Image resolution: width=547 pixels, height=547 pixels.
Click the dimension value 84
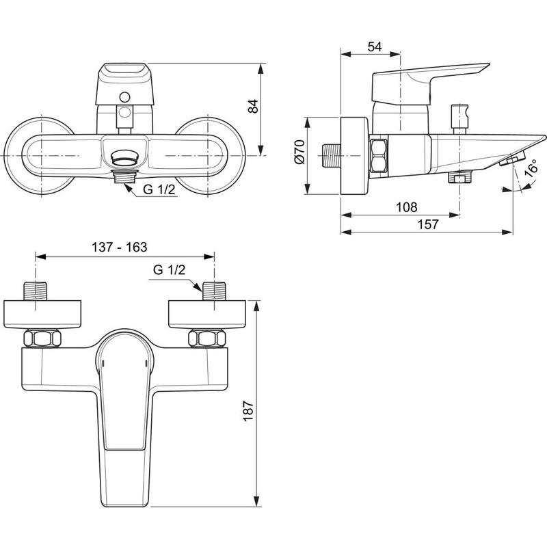tap(254, 106)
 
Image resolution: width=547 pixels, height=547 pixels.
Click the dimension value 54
tap(375, 46)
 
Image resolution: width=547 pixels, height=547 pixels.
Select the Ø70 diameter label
tap(299, 151)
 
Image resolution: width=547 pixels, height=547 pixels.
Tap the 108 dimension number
tap(406, 207)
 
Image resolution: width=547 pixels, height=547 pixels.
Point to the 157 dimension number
tap(428, 224)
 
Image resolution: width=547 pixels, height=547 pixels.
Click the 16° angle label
tap(531, 168)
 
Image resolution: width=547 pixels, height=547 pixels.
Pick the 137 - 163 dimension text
tap(119, 247)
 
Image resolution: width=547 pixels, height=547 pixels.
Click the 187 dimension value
tap(248, 411)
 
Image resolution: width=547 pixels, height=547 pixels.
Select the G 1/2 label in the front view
tap(159, 189)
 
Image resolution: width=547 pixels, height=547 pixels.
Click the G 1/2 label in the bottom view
tap(169, 269)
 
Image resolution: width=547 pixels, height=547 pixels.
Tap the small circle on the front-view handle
tap(124, 97)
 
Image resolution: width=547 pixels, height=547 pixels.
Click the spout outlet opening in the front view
tap(124, 159)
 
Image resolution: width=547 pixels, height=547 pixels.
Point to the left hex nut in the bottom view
tap(42, 338)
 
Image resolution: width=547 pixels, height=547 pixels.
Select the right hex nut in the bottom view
tap(207, 338)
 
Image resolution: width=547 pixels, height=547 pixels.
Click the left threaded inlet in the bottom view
tap(35, 291)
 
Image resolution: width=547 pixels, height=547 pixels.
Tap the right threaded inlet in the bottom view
tap(214, 291)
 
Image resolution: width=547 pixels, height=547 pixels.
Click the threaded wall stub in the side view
tap(330, 156)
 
